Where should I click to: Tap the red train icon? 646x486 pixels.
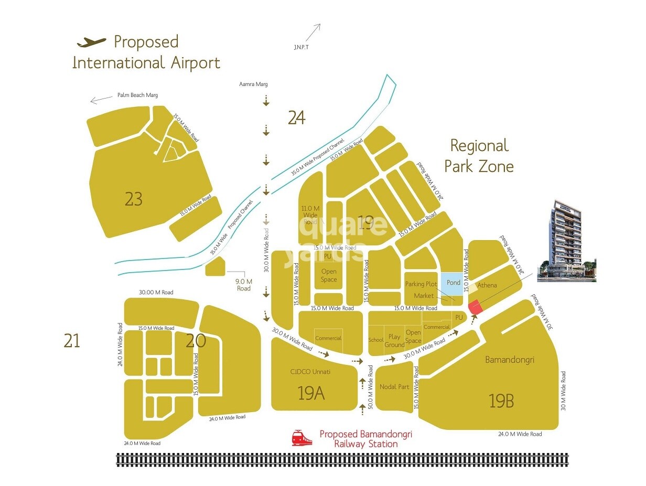tap(302, 438)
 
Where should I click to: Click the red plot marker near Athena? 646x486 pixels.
tap(475, 307)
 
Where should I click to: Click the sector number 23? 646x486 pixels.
tap(134, 199)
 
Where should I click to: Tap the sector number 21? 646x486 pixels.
tap(72, 341)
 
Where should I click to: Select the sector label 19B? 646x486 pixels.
tap(501, 401)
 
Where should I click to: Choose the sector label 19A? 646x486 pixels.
tap(311, 393)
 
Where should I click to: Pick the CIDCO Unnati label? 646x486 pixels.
tap(310, 372)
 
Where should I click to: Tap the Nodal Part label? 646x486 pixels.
tap(394, 386)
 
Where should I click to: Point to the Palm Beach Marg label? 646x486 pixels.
tap(137, 95)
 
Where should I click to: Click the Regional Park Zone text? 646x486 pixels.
tap(479, 156)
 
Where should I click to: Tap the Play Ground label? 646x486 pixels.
tap(394, 341)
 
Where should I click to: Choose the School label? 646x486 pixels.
tap(376, 340)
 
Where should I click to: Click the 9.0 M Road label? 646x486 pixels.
tap(244, 285)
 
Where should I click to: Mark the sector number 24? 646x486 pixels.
tap(296, 118)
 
